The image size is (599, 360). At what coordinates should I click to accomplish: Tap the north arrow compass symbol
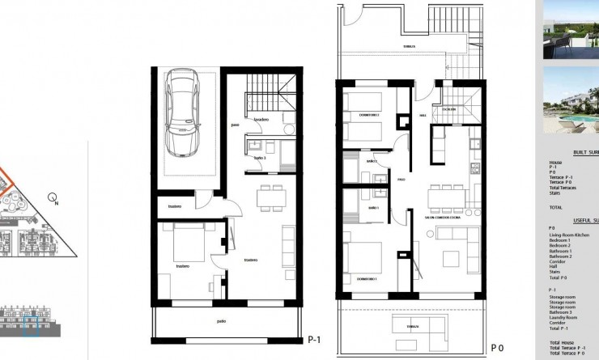pyautogui.click(x=53, y=197)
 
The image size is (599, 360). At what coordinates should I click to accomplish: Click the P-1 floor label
pyautogui.click(x=315, y=341)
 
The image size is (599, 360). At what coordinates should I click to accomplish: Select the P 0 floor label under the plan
pyautogui.click(x=497, y=347)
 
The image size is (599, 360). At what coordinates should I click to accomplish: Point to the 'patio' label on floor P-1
pyautogui.click(x=221, y=321)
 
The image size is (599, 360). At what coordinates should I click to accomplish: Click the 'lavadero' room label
pyautogui.click(x=261, y=119)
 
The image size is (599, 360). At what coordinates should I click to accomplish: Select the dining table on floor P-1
pyautogui.click(x=271, y=197)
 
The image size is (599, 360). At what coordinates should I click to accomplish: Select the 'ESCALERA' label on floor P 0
pyautogui.click(x=449, y=108)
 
